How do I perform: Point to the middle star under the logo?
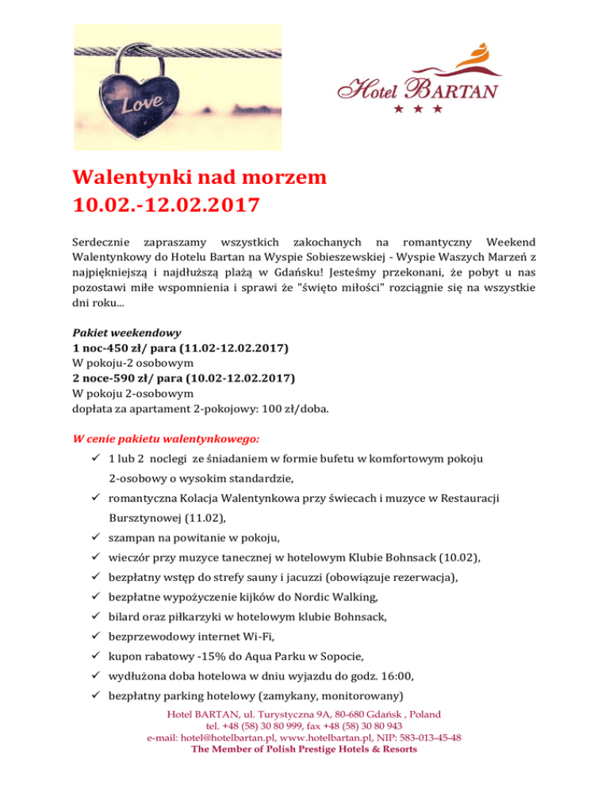pos(418,108)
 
